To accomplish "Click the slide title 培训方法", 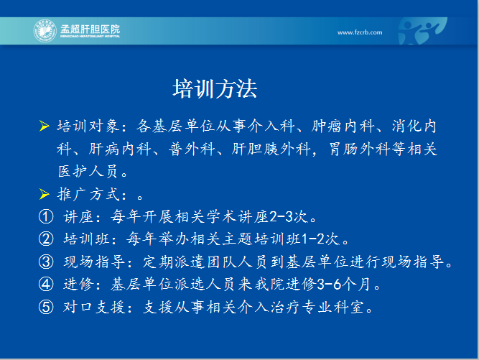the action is (215, 89).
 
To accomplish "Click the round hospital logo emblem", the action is (45, 31).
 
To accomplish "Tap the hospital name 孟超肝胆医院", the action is (90, 29).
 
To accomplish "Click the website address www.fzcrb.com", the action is (360, 32).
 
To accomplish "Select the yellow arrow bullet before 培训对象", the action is (45, 126).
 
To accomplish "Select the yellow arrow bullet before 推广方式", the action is (45, 194).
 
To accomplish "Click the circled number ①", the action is (46, 217).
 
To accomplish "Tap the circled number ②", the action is (46, 239).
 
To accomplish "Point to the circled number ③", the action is (46, 262).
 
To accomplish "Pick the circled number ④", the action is (46, 285).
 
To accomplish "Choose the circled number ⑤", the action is (46, 307).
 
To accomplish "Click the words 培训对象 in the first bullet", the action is (88, 126).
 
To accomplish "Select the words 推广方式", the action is (88, 194).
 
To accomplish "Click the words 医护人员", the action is (88, 171).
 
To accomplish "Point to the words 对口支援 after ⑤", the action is (94, 307).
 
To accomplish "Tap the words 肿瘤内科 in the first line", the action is (343, 126).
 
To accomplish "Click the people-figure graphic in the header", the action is (422, 31).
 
